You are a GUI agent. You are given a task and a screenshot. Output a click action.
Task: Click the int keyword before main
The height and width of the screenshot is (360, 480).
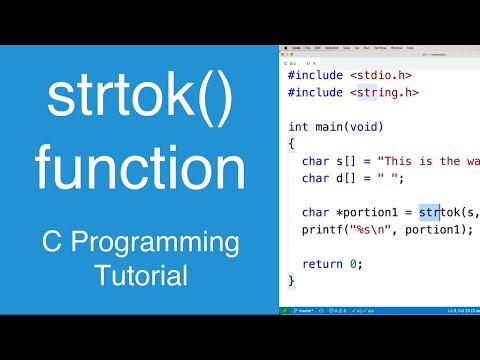(298, 126)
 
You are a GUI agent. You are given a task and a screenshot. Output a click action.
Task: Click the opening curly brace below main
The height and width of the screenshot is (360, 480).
(291, 144)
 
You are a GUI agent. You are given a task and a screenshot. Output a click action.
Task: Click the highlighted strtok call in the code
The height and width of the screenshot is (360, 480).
(432, 212)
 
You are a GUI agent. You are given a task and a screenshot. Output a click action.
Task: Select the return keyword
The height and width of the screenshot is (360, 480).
(321, 264)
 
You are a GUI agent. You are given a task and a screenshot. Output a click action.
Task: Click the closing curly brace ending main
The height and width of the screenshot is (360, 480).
(291, 281)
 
